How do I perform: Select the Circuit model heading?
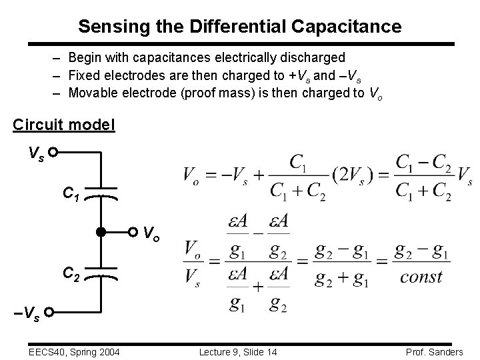coord(63,125)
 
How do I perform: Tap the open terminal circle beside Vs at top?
coord(52,153)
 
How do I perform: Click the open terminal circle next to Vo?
coord(134,233)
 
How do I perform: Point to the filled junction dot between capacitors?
coord(101,233)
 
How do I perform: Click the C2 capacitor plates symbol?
coord(101,273)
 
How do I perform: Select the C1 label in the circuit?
coord(71,194)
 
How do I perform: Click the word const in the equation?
coord(421,277)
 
